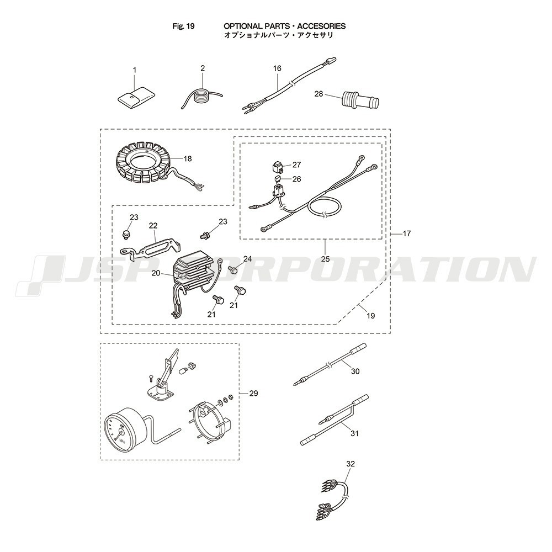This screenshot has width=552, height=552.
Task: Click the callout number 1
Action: click(135, 70)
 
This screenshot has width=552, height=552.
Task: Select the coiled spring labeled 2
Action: click(202, 97)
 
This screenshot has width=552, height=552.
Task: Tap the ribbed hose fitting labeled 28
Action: click(361, 100)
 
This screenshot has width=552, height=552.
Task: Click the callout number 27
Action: click(296, 164)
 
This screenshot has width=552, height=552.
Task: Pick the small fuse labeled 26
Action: click(278, 179)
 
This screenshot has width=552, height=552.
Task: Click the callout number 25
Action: click(325, 259)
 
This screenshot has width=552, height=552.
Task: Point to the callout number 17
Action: click(407, 233)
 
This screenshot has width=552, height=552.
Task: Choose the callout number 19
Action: click(371, 315)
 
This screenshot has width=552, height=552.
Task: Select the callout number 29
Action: click(253, 393)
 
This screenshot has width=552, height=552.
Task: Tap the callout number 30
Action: click(355, 371)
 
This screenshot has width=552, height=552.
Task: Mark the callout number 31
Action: click(354, 433)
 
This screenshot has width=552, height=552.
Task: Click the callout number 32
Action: click(351, 464)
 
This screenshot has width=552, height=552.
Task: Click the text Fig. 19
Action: click(183, 26)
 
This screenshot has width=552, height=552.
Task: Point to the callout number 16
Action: click(278, 68)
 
